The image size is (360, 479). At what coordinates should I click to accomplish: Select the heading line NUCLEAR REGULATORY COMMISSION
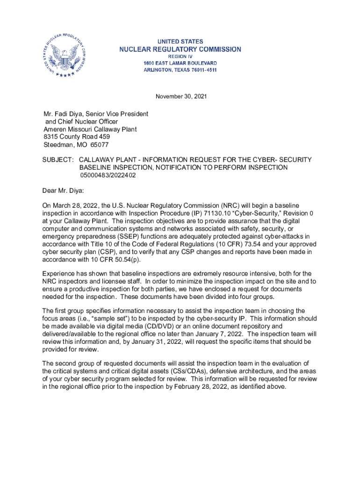point(180,49)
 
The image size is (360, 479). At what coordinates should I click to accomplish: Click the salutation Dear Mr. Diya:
point(63,190)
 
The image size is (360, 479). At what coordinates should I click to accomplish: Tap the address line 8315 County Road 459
point(77,137)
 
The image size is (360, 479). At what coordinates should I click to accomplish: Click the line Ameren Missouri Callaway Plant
point(90,129)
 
